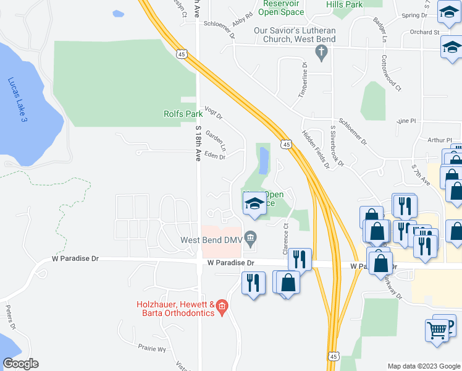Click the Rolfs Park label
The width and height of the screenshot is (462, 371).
click(x=183, y=114)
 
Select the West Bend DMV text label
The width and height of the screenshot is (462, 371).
click(x=209, y=240)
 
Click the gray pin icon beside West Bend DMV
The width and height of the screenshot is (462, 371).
click(x=250, y=237)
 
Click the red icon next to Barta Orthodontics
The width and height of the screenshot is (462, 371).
click(x=222, y=306)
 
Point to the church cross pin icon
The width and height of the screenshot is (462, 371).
click(x=321, y=53)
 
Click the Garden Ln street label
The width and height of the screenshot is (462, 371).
click(x=217, y=141)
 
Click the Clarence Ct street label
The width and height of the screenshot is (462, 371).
click(x=286, y=238)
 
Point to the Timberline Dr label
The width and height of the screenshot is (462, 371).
click(x=303, y=81)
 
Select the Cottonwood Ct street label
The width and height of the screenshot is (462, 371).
click(x=391, y=72)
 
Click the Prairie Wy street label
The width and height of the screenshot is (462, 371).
click(x=153, y=349)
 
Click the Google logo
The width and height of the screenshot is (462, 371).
click(x=20, y=364)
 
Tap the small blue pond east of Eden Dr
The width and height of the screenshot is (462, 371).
click(x=265, y=161)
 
